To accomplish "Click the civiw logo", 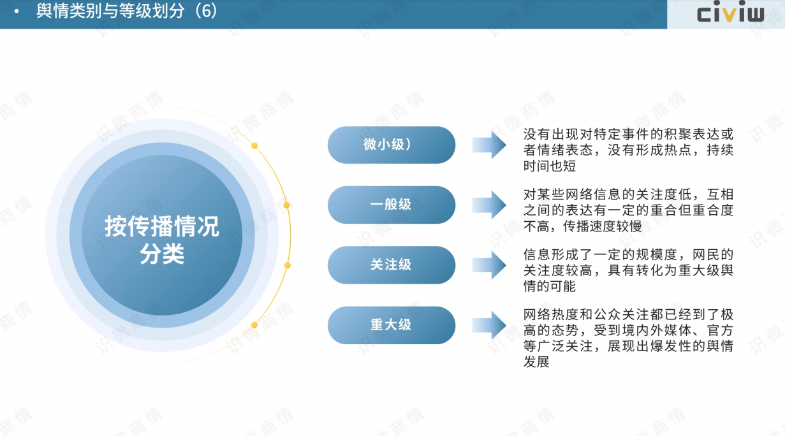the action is tap(730, 11).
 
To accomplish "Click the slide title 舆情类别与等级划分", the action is tap(110, 11).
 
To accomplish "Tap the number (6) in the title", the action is tap(206, 11).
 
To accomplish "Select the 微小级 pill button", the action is tap(392, 145).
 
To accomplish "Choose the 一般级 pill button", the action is tap(392, 205).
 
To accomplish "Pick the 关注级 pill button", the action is tap(392, 265).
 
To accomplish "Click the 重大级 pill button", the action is tap(392, 325).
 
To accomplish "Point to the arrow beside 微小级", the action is tap(489, 145).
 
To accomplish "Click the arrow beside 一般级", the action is tap(489, 205).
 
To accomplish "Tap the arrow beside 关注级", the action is tap(489, 265).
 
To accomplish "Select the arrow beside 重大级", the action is tap(489, 325).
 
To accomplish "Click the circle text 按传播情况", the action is tap(162, 226).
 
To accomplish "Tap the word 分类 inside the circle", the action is tap(162, 254).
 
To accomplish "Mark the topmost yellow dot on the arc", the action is tap(254, 146).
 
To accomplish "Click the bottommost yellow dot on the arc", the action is tap(254, 325).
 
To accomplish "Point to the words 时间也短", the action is tap(550, 166).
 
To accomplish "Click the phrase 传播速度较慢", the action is tap(603, 226).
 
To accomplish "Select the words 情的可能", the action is tap(550, 286).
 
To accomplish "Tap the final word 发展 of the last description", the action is tap(536, 362).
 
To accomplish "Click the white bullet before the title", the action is tap(17, 11).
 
